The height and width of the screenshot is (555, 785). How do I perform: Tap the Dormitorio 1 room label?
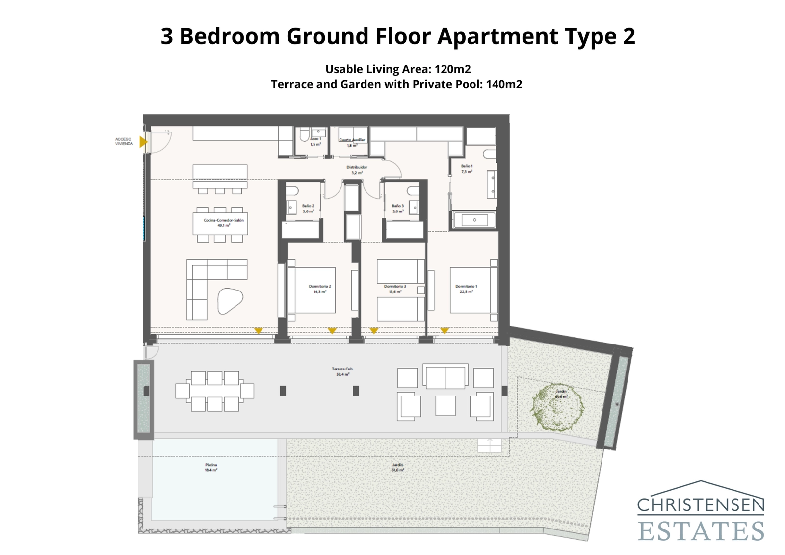[x=466, y=289]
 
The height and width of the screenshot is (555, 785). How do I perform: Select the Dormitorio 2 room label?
[x=319, y=289]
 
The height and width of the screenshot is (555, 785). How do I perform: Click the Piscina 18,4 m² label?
[x=211, y=467]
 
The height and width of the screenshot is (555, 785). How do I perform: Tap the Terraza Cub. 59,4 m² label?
[x=342, y=371]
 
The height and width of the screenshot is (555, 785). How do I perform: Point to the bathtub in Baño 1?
[x=474, y=220]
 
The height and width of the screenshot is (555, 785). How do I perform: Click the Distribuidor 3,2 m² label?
[x=357, y=170]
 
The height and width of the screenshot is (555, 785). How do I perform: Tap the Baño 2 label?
[x=308, y=209]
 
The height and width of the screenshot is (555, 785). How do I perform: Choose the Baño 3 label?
[x=397, y=209]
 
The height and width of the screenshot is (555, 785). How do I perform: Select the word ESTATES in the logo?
[x=701, y=531]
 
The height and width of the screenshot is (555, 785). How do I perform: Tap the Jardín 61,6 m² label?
[x=397, y=467]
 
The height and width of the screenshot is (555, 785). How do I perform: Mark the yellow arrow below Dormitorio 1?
[x=445, y=331]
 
